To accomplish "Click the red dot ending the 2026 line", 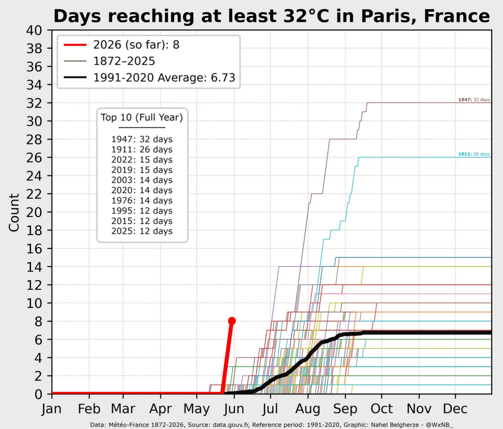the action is tap(232, 321).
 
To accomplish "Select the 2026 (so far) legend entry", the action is tap(122, 45).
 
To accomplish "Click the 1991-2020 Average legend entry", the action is tap(149, 78).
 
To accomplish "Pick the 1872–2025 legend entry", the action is tap(109, 61).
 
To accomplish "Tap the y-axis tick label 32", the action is tap(34, 103).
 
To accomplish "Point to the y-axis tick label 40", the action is tap(34, 31).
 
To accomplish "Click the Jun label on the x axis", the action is tap(234, 408).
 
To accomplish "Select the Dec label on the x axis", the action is tap(455, 408).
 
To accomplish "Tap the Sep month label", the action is tap(345, 409).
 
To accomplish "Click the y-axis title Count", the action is tap(14, 212).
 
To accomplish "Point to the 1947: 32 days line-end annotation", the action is tap(474, 100).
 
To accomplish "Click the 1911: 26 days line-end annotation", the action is tap(474, 154).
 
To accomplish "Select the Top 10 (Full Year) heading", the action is tap(142, 117).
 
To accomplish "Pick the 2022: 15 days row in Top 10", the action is tap(142, 160).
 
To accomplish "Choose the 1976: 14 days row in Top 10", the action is tap(142, 201).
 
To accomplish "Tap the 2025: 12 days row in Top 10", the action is tap(142, 231).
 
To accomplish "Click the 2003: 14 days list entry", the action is tap(142, 180).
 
